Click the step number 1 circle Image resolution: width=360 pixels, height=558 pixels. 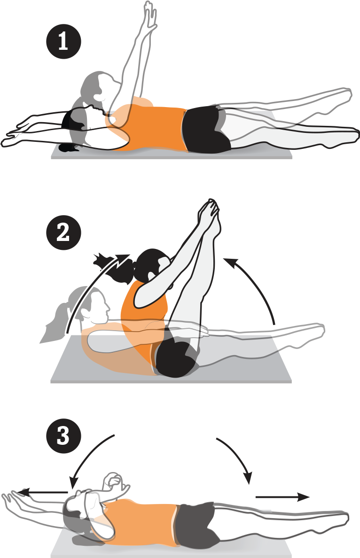64,41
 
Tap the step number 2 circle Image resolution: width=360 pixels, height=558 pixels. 64,233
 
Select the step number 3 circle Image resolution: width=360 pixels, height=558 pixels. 64,436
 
